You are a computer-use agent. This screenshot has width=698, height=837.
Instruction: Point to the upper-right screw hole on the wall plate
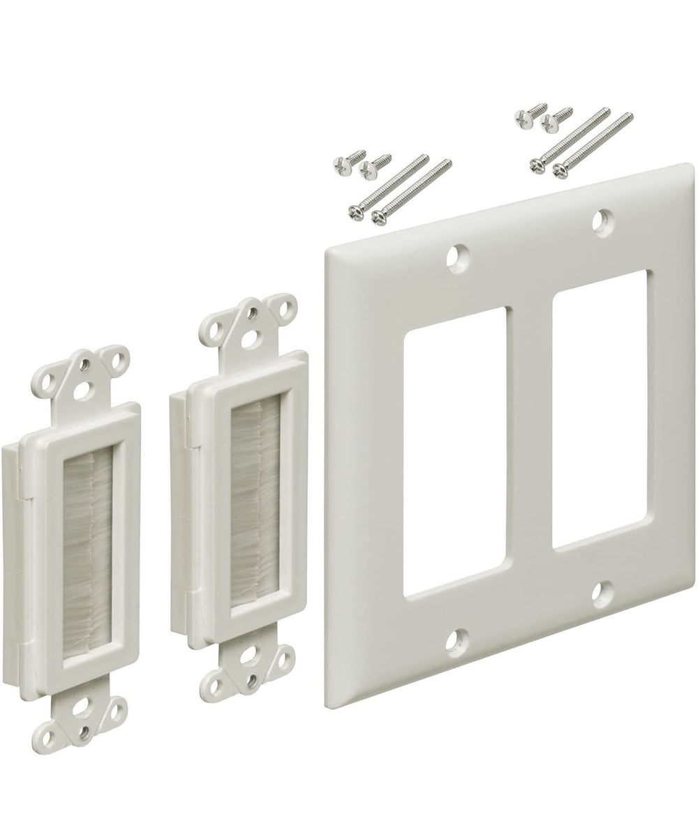602,221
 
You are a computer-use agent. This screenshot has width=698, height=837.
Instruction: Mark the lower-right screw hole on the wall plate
602,593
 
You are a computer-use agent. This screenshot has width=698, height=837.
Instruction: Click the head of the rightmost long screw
560,169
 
